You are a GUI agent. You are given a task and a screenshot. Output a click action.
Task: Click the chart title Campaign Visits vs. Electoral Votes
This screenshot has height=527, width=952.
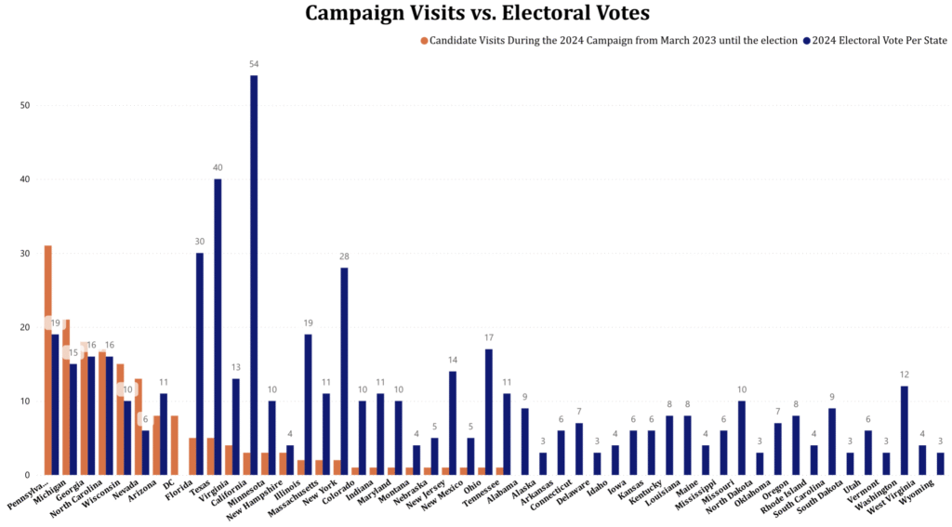coord(477,13)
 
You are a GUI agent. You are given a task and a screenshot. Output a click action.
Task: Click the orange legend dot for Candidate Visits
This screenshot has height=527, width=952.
coord(424,41)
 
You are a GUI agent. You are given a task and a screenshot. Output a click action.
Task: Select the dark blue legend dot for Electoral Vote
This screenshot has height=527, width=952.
coord(806,41)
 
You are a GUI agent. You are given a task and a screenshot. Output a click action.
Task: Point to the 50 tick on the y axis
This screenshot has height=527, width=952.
coord(25,105)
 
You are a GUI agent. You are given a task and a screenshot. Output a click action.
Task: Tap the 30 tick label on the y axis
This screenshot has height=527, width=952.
coord(25,253)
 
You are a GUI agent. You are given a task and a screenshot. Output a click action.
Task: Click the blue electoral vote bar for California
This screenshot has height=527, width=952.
coord(254,275)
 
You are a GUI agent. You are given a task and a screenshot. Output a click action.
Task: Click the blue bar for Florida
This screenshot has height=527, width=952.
coord(200,363)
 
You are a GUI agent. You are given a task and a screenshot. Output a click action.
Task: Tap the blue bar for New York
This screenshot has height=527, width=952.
coord(344,371)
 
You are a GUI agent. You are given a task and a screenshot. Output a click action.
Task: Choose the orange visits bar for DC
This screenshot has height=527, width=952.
coord(174,445)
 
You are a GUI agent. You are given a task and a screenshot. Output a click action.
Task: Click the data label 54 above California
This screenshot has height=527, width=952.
coord(254,64)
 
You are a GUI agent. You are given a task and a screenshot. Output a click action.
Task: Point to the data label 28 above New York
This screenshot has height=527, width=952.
coord(344,257)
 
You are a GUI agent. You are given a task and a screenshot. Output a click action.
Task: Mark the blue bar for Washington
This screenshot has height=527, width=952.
coord(905,430)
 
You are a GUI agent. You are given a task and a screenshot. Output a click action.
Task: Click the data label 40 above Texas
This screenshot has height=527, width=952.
coord(218,168)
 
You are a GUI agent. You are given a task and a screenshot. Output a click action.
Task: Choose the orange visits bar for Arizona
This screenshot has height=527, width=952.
coord(155,445)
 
